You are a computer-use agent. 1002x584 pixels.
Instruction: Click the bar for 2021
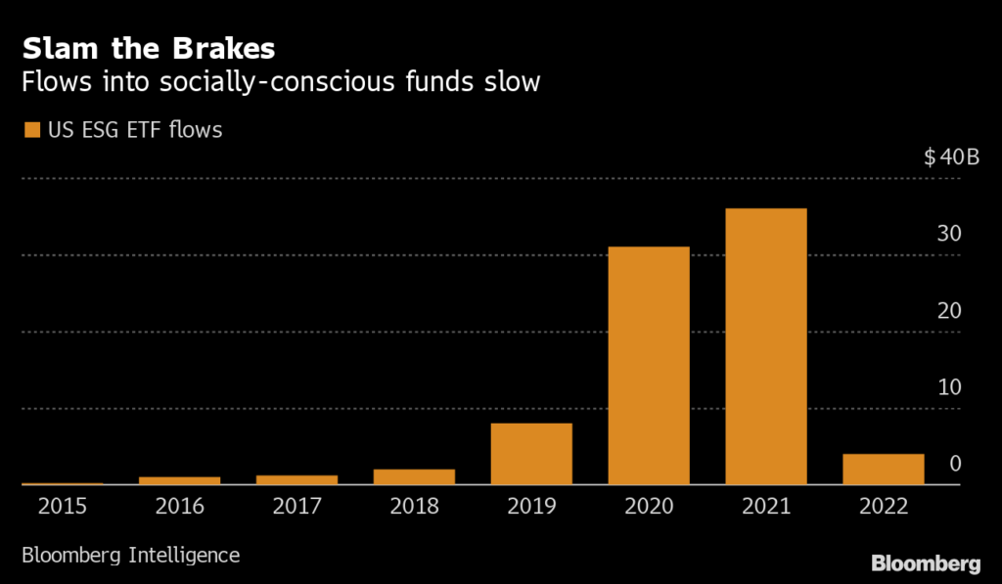[x=766, y=346]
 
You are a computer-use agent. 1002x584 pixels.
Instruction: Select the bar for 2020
[x=649, y=365]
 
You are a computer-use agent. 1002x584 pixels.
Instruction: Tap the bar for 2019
[x=531, y=454]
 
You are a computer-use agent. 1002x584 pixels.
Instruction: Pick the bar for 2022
[x=883, y=470]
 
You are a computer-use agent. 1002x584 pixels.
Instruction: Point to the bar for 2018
[x=414, y=476]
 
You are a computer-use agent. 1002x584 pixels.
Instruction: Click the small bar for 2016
[x=179, y=480]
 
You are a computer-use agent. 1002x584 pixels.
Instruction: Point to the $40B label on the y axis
[x=951, y=158]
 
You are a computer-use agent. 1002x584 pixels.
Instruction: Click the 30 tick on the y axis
[x=949, y=234]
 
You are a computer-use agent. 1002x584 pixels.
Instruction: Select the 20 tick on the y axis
[x=949, y=310]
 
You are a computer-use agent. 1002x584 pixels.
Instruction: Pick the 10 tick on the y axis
[x=949, y=386]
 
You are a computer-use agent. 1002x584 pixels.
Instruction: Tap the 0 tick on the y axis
[x=956, y=463]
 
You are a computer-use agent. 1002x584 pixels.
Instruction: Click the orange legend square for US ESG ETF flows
[x=31, y=129]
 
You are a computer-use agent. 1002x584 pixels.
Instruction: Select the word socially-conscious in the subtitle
[x=262, y=82]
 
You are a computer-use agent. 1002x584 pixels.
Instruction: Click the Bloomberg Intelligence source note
[x=130, y=555]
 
